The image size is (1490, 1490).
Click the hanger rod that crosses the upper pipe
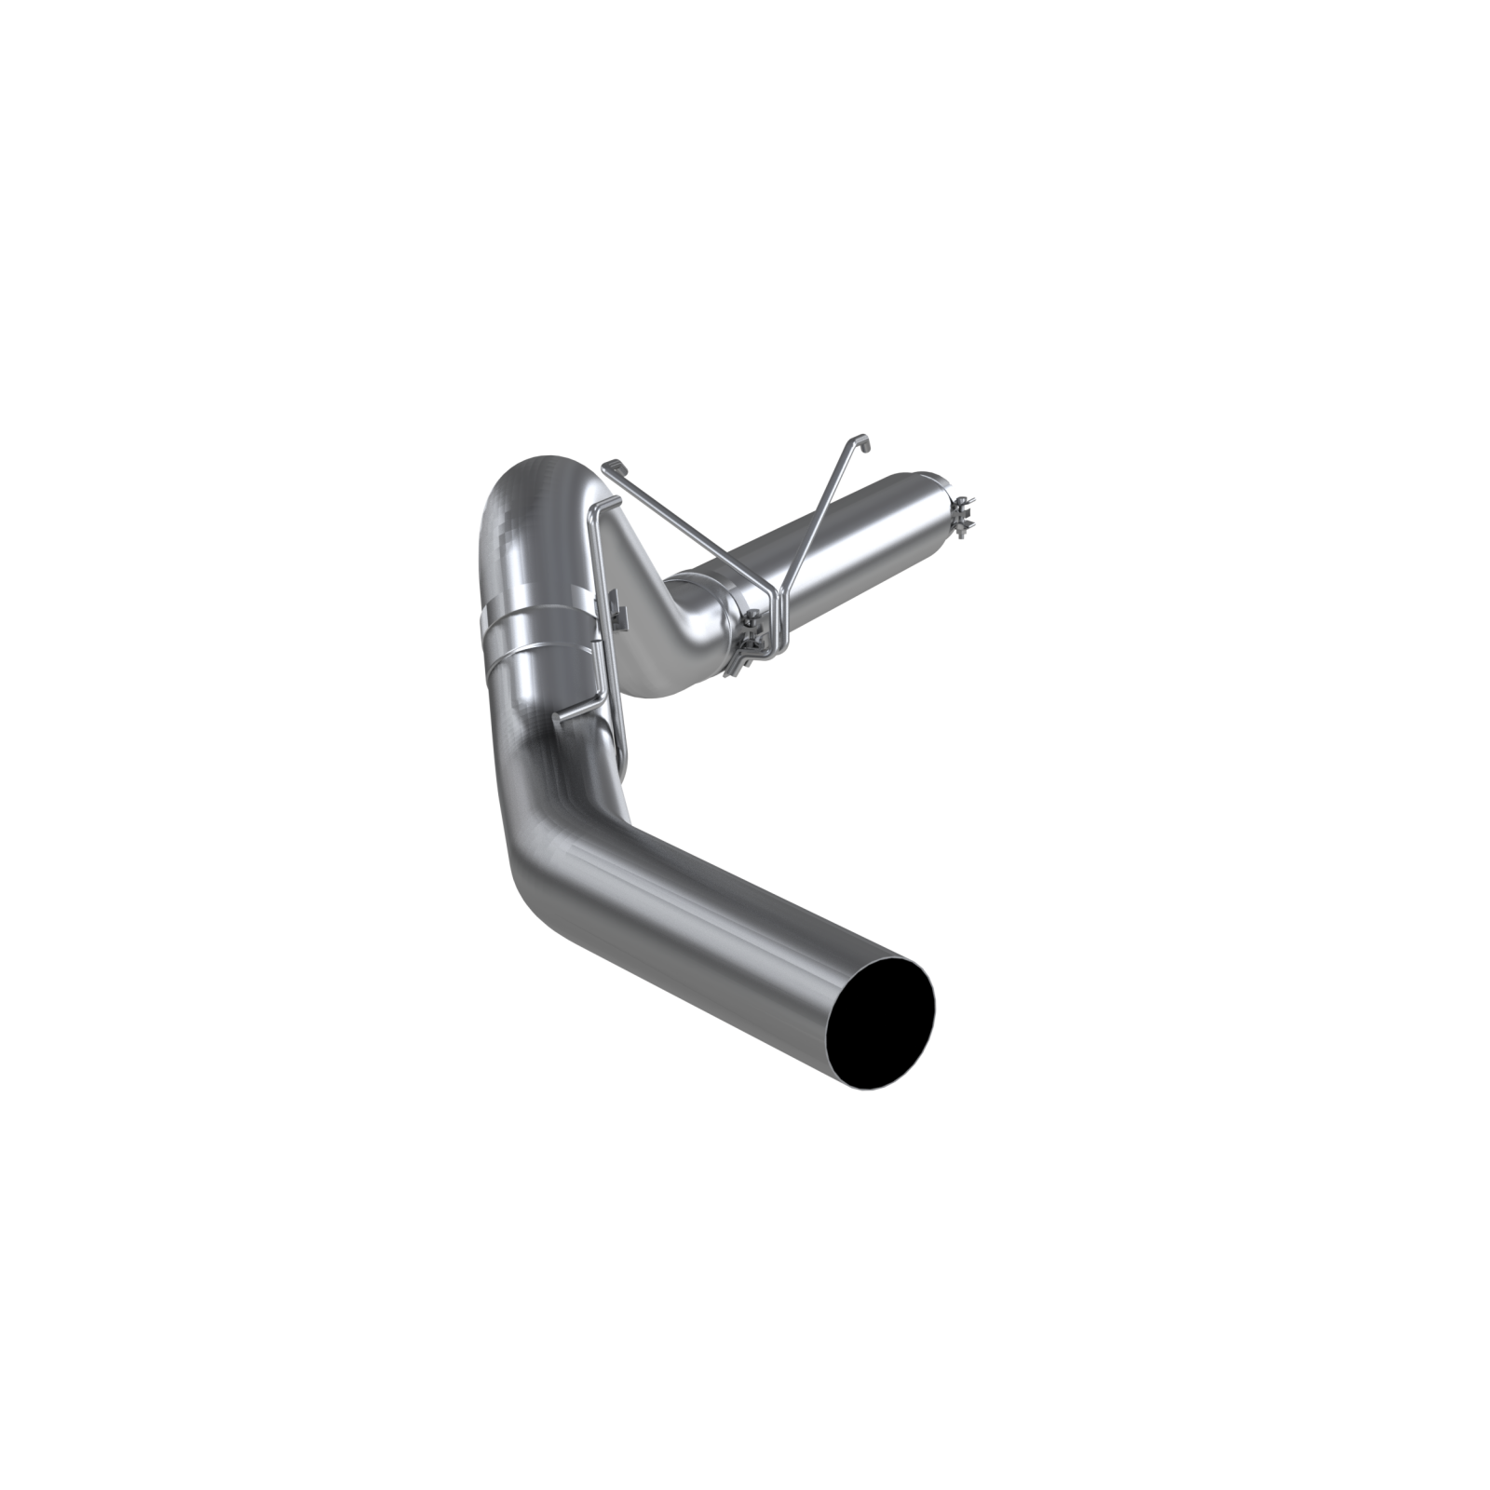coord(819,531)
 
